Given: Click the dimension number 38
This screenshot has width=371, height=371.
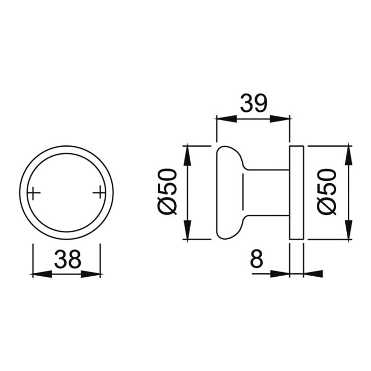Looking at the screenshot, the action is (x=68, y=259).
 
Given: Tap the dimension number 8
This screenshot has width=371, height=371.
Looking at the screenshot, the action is (x=256, y=259).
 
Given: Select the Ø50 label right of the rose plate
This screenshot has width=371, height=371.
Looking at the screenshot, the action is (x=327, y=191).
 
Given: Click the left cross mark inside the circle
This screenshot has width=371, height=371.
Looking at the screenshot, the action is (x=33, y=193).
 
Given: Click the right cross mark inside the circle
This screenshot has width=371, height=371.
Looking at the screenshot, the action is (x=99, y=193).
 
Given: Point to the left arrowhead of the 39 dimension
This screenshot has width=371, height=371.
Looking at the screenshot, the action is (x=227, y=119).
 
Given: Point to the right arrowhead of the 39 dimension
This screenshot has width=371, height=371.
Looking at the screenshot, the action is (x=280, y=119).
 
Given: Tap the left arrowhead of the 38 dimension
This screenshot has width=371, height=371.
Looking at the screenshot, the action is (x=42, y=275).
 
